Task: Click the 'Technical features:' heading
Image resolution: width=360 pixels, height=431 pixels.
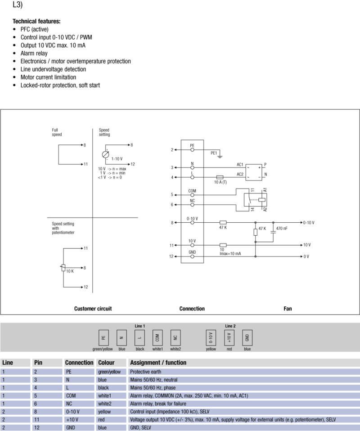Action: tap(36, 21)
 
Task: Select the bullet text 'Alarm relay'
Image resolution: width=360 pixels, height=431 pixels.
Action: tap(34, 53)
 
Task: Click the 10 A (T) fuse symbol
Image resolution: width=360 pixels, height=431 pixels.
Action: tap(220, 177)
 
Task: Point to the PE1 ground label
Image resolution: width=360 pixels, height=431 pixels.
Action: tap(214, 153)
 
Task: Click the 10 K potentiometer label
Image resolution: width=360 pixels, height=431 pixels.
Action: tap(70, 271)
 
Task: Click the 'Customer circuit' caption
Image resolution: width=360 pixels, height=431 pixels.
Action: tap(93, 309)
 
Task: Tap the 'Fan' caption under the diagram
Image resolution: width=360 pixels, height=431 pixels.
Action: tap(288, 309)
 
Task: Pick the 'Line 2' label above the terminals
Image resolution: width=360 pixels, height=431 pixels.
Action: tap(230, 326)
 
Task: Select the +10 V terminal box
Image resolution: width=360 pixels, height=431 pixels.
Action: tap(229, 337)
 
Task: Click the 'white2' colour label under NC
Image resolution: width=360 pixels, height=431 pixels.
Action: tap(175, 349)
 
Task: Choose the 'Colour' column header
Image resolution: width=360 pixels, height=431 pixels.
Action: tap(106, 363)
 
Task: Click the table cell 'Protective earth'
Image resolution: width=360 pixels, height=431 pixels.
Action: tap(146, 372)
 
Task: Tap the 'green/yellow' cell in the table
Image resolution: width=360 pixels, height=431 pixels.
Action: tap(109, 372)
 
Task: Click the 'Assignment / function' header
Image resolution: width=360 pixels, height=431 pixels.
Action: tap(158, 363)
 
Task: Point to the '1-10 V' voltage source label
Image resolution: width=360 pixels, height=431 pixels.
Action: tap(117, 159)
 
